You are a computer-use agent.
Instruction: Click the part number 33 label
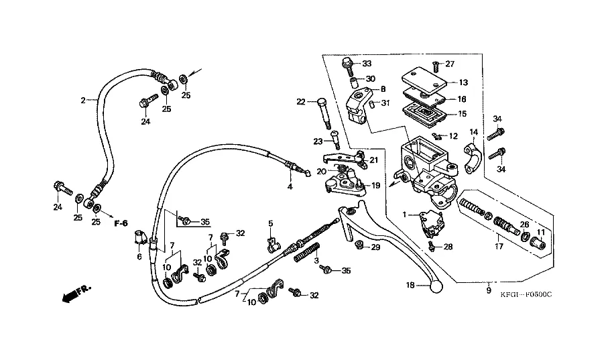pyautogui.click(x=367, y=64)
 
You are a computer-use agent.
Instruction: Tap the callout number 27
pyautogui.click(x=450, y=64)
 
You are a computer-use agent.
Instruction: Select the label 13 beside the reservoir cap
pyautogui.click(x=463, y=82)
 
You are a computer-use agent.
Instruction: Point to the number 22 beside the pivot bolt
pyautogui.click(x=301, y=103)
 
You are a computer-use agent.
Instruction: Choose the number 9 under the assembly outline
pyautogui.click(x=489, y=292)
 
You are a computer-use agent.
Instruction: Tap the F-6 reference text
pyautogui.click(x=121, y=223)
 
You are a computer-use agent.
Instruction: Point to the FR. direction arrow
pyautogui.click(x=73, y=292)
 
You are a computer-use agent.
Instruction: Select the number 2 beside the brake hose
pyautogui.click(x=83, y=101)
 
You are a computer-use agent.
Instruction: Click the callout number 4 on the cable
pyautogui.click(x=290, y=187)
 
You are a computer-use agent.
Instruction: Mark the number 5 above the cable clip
pyautogui.click(x=271, y=223)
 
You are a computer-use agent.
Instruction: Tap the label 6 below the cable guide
pyautogui.click(x=139, y=257)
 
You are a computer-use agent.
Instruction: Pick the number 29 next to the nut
pyautogui.click(x=375, y=248)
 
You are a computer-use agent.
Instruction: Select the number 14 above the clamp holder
pyautogui.click(x=473, y=131)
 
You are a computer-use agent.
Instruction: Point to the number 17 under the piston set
pyautogui.click(x=499, y=247)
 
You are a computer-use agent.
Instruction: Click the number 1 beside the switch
pyautogui.click(x=405, y=214)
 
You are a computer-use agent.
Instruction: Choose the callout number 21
pyautogui.click(x=373, y=160)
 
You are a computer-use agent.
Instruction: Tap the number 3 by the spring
pyautogui.click(x=316, y=261)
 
